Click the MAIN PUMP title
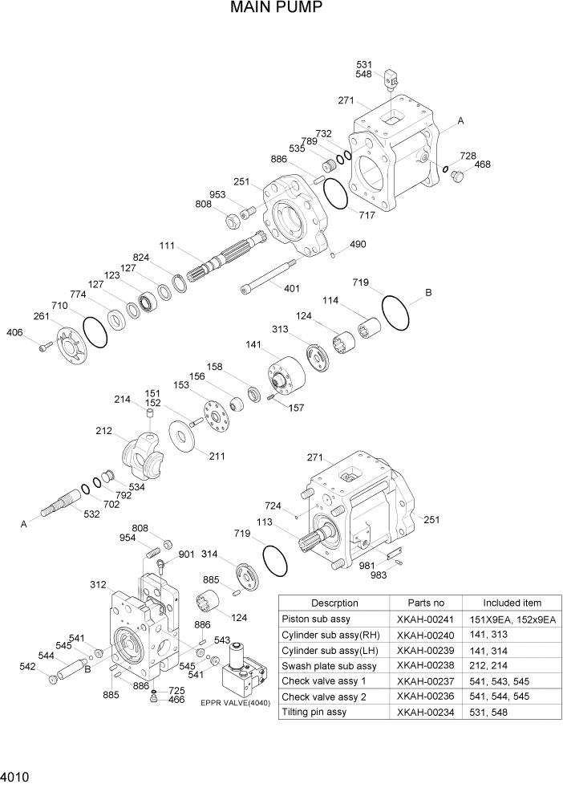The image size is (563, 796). [277, 9]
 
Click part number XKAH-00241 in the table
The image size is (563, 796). [425, 619]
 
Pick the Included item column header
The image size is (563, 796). [512, 603]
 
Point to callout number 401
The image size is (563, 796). [292, 287]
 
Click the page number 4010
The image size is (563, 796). [17, 778]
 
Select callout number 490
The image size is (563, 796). [357, 244]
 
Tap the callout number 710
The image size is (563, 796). [59, 306]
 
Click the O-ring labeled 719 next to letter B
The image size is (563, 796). [395, 311]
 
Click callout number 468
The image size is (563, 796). [482, 164]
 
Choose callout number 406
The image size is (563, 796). [14, 333]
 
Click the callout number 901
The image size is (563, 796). [186, 554]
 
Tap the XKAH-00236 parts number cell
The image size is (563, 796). [425, 696]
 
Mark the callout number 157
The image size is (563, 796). [296, 408]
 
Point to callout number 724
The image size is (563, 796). [273, 506]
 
